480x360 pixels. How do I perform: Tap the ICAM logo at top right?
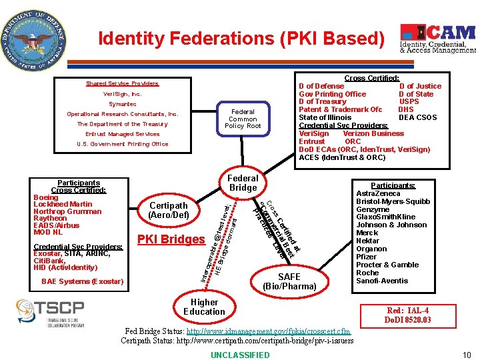(x=437, y=39)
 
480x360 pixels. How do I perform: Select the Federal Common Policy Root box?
(x=243, y=119)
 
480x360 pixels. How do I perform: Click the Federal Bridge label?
(x=243, y=183)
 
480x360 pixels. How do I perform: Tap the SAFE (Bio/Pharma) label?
(x=289, y=281)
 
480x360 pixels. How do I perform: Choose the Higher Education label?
(x=204, y=307)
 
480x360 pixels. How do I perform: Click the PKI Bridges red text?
(x=171, y=239)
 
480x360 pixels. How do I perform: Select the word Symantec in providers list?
(x=122, y=104)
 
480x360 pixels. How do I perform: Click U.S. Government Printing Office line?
(x=122, y=144)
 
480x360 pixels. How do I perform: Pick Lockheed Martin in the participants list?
(x=63, y=205)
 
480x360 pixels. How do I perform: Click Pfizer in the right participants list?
(x=367, y=257)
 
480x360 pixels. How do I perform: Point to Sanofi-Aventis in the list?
(x=382, y=281)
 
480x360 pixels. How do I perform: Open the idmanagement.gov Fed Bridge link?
(x=268, y=331)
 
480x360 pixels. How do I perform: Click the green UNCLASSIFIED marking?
(x=240, y=355)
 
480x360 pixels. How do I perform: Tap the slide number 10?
(x=467, y=355)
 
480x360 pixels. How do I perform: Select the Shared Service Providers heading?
(x=122, y=83)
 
